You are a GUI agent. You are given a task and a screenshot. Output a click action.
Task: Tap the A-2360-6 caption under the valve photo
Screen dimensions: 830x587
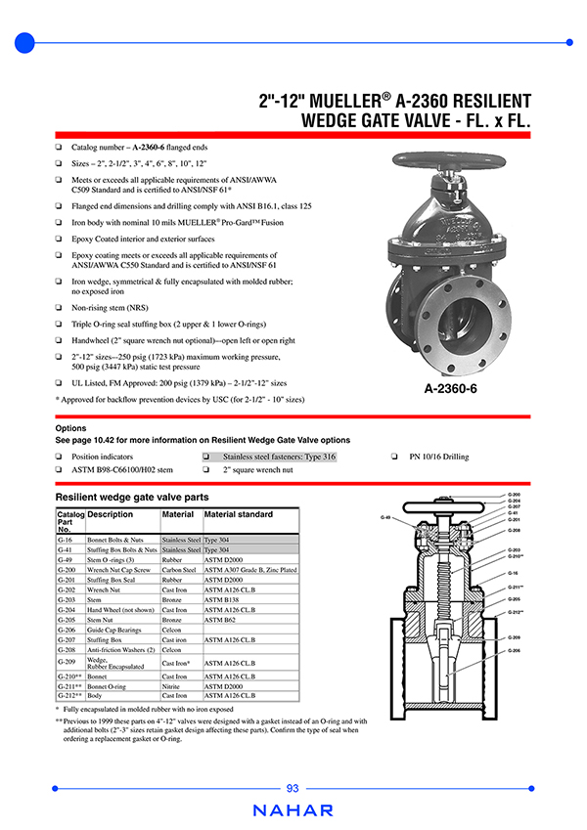pos(450,388)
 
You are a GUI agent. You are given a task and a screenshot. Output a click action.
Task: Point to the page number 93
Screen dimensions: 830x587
pos(293,789)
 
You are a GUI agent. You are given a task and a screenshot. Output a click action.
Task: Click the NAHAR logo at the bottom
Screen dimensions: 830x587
pos(293,810)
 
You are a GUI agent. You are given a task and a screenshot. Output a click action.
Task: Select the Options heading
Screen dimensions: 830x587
pos(70,428)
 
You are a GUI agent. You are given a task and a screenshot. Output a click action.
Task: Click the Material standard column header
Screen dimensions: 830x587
pos(239,514)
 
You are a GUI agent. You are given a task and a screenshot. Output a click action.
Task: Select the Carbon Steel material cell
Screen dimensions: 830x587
pos(179,569)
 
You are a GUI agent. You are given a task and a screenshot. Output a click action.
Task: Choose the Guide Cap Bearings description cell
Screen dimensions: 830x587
pos(114,631)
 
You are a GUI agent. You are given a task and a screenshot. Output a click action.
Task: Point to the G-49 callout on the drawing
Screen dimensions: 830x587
pos(386,517)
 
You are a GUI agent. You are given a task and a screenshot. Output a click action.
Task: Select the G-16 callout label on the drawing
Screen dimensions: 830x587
pos(513,572)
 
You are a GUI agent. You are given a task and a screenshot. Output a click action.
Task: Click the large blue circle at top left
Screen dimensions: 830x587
pos(25,42)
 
